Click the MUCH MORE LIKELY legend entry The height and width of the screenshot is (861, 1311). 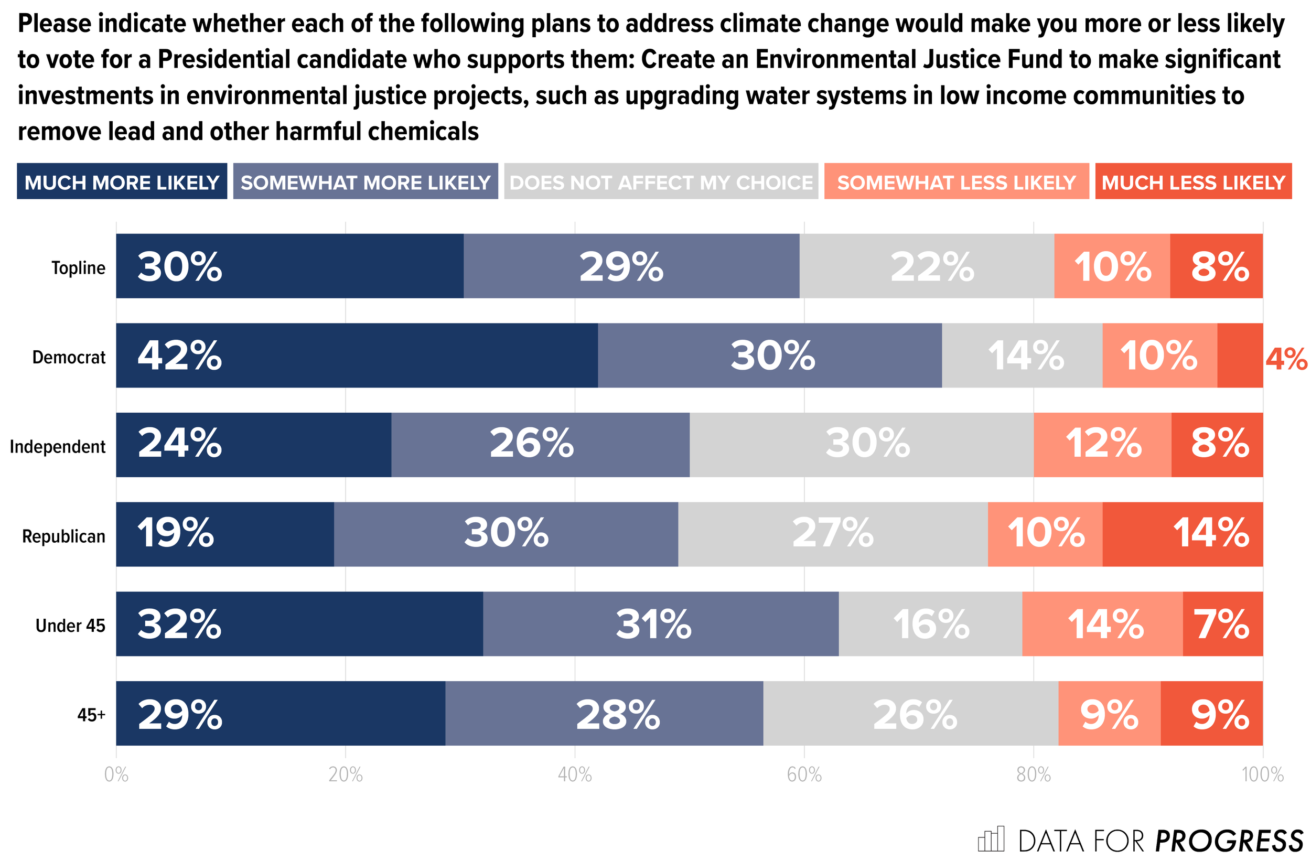(x=122, y=182)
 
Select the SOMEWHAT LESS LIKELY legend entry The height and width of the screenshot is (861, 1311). (x=957, y=182)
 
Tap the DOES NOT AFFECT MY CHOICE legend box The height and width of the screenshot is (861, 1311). (x=661, y=182)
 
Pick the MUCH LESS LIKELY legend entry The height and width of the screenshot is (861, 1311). (x=1193, y=182)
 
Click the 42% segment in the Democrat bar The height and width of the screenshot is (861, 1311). (x=357, y=356)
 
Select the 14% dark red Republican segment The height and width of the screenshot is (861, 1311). (x=1183, y=534)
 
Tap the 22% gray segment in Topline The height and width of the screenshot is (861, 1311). (x=927, y=266)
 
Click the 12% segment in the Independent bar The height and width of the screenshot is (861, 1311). (x=1102, y=445)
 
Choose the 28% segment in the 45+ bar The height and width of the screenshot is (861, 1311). (x=604, y=713)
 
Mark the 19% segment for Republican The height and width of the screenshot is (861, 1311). (x=225, y=534)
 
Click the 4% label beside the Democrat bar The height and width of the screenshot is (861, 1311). (x=1286, y=359)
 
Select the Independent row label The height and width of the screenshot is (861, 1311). (x=57, y=446)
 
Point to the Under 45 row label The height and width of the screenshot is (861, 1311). (x=70, y=625)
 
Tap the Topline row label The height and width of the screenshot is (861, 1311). (x=78, y=268)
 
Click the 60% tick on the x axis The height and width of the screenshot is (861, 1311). (x=804, y=775)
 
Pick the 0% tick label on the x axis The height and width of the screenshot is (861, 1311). (x=116, y=775)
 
